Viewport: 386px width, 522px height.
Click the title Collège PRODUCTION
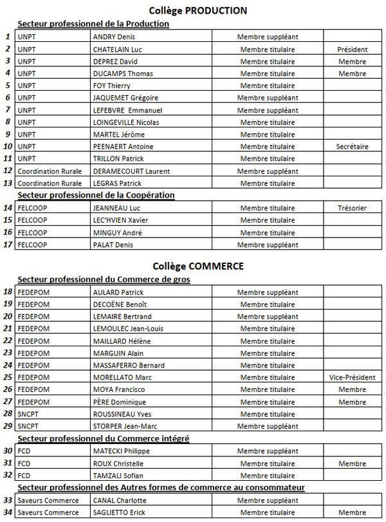point(198,10)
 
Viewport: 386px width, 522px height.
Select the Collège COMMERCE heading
point(198,266)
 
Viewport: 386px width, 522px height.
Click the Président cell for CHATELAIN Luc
point(352,49)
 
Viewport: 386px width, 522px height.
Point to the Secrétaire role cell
point(352,146)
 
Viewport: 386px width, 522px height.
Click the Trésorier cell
point(352,208)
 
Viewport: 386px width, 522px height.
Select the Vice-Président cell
point(352,377)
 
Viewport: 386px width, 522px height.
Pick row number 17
point(8,245)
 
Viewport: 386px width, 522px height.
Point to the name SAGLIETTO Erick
point(121,512)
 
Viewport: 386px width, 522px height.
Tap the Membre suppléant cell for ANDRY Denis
point(268,37)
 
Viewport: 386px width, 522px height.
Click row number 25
point(8,377)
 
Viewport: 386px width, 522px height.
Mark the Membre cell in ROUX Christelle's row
point(352,463)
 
